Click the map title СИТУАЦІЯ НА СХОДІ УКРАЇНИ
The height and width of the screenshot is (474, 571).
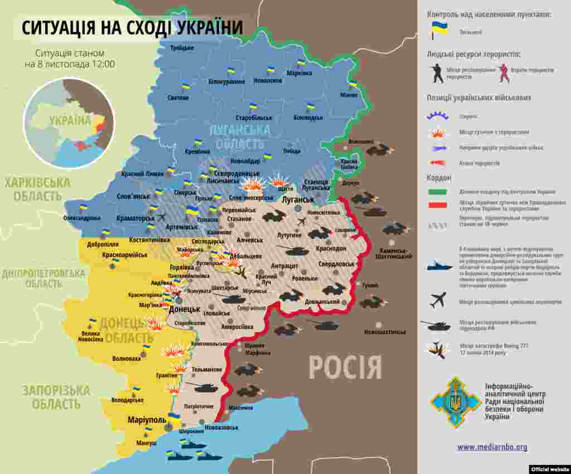click(132, 27)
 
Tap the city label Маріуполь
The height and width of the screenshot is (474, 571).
click(147, 419)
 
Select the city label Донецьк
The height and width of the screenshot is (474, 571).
click(184, 309)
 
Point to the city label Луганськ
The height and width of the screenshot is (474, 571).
click(298, 199)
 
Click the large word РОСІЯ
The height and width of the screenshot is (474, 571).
click(345, 368)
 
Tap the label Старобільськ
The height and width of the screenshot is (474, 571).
click(254, 118)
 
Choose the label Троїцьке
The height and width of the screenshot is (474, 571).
click(182, 48)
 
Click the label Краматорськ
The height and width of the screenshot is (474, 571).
click(136, 218)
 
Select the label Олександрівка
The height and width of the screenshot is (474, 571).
click(82, 218)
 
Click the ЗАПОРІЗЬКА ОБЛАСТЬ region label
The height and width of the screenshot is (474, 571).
click(56, 397)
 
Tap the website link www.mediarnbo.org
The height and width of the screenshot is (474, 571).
click(492, 447)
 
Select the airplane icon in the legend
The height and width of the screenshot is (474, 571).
click(438, 300)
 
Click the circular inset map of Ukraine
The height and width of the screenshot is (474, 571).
click(69, 123)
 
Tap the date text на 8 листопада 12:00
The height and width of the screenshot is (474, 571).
click(70, 64)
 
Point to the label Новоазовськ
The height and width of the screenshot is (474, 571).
click(221, 427)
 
